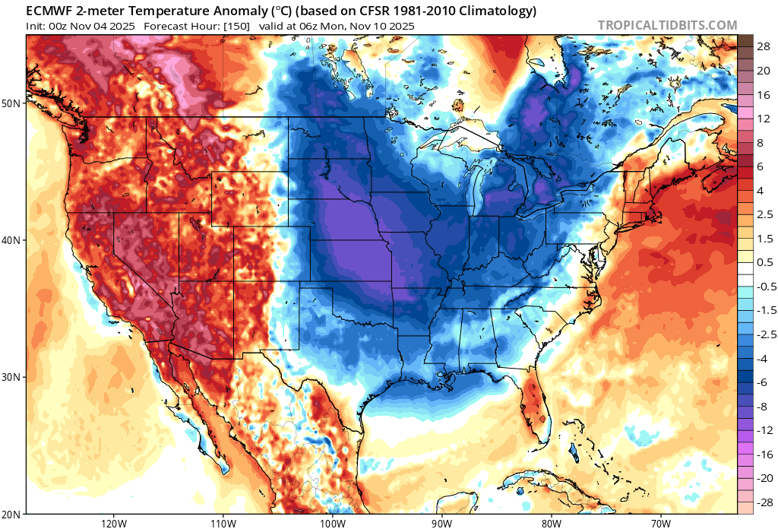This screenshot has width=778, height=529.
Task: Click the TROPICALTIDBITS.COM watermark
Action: click(x=667, y=25)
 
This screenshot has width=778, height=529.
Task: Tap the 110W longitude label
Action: click(x=223, y=524)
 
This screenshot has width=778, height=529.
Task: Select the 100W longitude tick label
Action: click(x=332, y=524)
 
